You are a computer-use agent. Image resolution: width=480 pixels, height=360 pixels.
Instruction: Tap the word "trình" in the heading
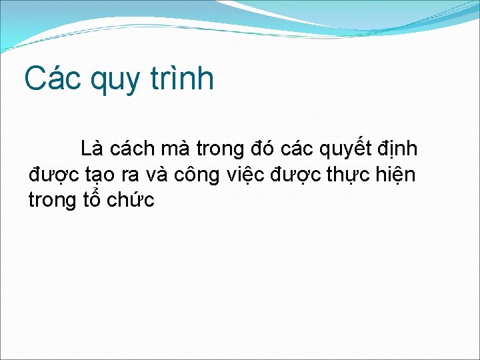coord(182,79)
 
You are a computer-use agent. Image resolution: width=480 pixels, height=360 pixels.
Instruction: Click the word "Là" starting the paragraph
coord(91,149)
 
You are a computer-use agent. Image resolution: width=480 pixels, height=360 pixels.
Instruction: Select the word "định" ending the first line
coord(399,149)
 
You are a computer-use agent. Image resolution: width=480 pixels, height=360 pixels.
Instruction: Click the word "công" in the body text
coord(199,176)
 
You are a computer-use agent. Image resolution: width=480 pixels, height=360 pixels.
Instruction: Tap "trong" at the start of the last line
coord(52,201)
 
